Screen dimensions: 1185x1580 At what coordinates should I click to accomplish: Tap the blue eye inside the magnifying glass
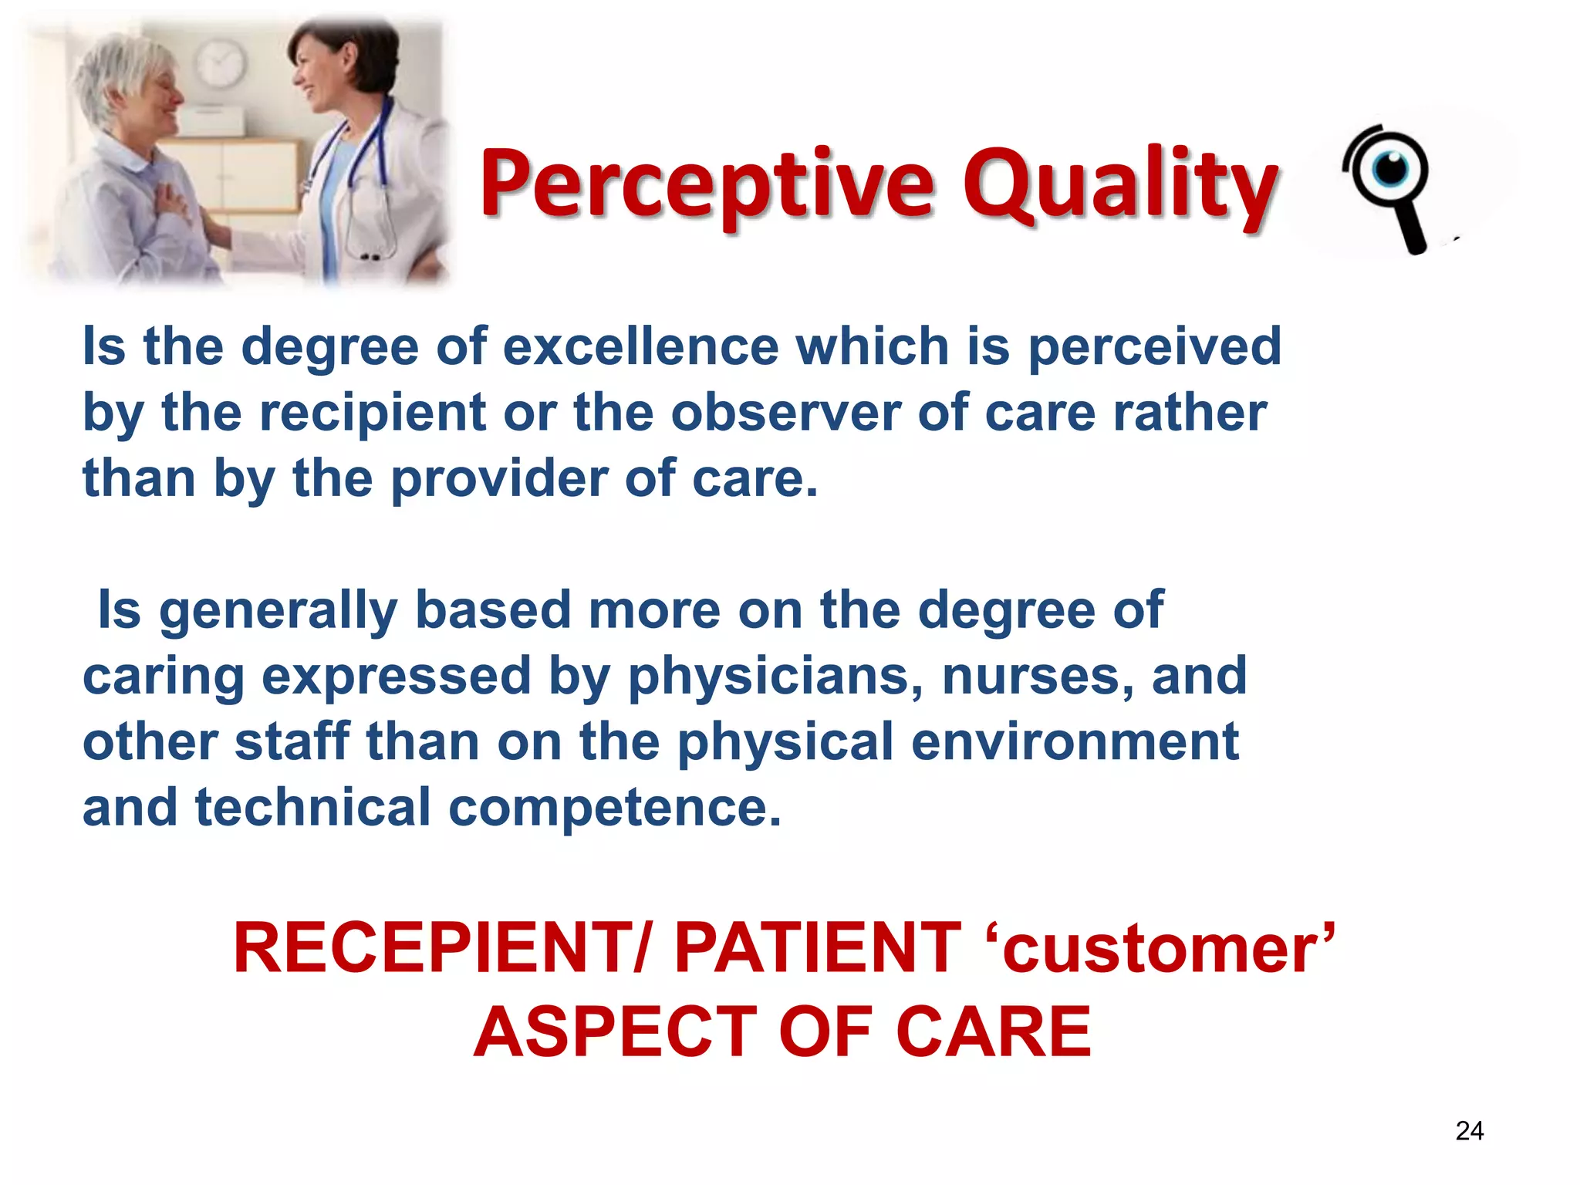click(1390, 169)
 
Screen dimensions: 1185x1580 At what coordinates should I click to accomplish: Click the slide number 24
click(1469, 1131)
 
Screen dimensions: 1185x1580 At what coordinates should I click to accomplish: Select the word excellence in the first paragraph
click(640, 346)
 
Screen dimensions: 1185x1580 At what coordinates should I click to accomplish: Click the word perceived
click(1154, 346)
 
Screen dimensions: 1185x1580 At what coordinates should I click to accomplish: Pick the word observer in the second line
click(785, 413)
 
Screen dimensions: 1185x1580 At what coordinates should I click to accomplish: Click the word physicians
click(774, 677)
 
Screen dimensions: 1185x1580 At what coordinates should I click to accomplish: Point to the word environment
click(1075, 742)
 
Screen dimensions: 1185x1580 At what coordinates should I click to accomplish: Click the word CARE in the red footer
click(994, 1032)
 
